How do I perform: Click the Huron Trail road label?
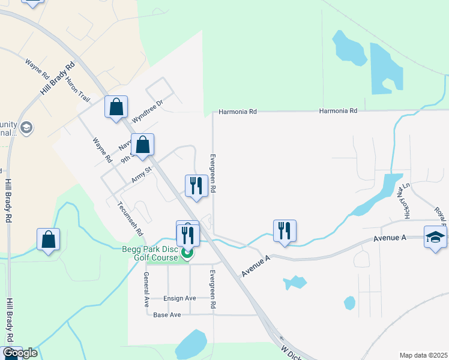tap(79, 90)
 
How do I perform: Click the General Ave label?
tap(146, 289)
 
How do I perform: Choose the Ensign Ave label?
tap(180, 298)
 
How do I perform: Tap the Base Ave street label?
tap(167, 314)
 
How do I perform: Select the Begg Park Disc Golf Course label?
tap(151, 253)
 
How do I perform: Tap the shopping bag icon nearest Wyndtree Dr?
tap(116, 108)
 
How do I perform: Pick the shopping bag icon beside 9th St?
tap(143, 145)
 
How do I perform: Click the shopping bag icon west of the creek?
tap(48, 239)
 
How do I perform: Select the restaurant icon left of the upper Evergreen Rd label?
tap(196, 187)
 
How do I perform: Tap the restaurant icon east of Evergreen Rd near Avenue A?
tap(285, 231)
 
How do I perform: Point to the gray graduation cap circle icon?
tap(26, 128)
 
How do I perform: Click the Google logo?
tap(19, 353)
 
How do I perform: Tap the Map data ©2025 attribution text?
tap(424, 355)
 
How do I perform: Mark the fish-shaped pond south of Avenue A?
tap(295, 282)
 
